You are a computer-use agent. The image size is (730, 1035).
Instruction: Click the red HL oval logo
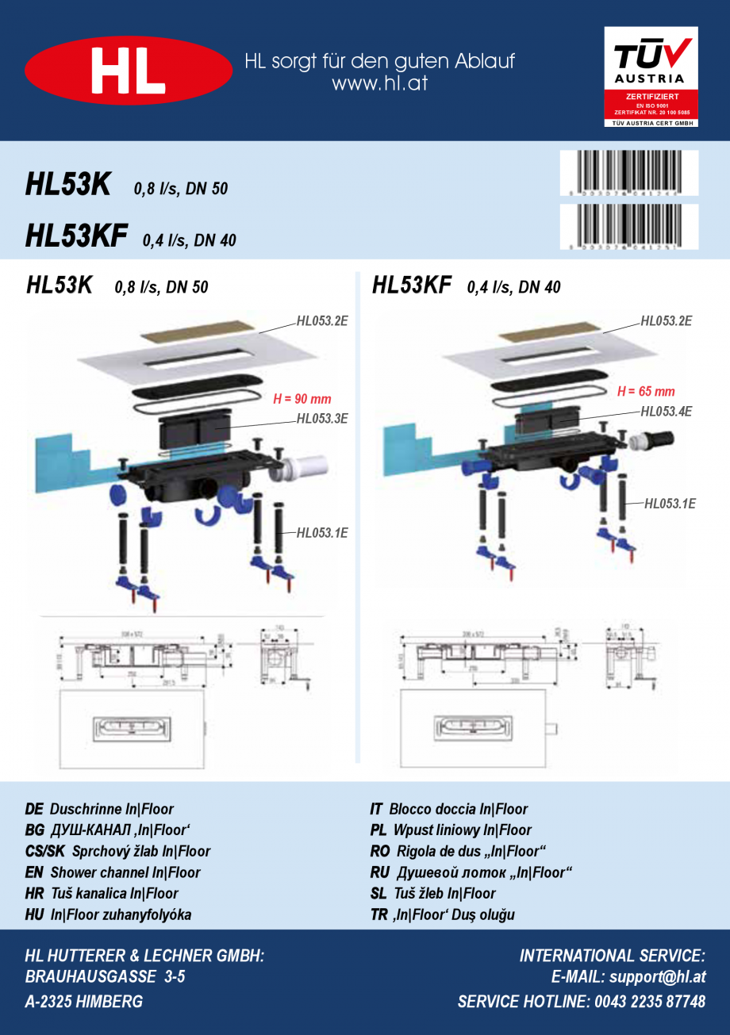click(x=129, y=71)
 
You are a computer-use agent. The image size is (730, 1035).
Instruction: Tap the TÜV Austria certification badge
click(x=651, y=77)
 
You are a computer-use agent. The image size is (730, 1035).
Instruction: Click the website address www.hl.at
click(x=379, y=83)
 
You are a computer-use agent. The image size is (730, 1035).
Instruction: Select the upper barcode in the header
click(x=629, y=173)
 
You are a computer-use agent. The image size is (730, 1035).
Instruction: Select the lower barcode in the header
click(x=629, y=227)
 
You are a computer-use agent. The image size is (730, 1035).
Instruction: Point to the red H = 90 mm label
click(x=302, y=399)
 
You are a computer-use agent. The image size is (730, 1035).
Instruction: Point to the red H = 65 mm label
click(x=646, y=391)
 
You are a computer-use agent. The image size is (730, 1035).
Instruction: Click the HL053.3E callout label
click(x=322, y=419)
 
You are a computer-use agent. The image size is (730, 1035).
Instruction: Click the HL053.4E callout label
click(x=667, y=411)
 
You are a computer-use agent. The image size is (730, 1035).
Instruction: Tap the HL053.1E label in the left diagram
click(x=322, y=533)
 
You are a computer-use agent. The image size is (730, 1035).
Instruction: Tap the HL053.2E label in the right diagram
click(x=667, y=320)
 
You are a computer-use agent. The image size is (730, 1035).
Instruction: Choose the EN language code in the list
click(x=34, y=872)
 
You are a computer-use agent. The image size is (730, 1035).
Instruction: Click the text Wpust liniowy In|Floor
click(x=462, y=830)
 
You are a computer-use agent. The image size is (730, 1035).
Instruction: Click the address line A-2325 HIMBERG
click(x=84, y=1002)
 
